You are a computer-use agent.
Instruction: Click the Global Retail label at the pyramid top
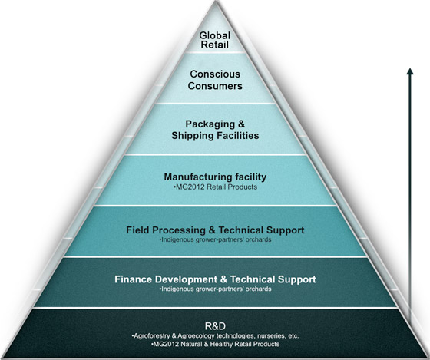(x=215, y=40)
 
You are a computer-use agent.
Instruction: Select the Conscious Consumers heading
(x=215, y=80)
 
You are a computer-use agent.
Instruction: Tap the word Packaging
(x=210, y=124)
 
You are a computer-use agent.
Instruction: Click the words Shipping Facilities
(x=215, y=135)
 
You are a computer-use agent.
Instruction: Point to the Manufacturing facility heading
(x=215, y=177)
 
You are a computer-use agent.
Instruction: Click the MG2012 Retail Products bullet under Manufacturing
(x=215, y=187)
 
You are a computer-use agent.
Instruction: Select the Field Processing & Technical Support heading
(x=215, y=230)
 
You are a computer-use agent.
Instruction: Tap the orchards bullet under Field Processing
(x=215, y=239)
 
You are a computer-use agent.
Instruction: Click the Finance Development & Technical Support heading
(x=215, y=279)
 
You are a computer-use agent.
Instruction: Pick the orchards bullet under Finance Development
(x=215, y=289)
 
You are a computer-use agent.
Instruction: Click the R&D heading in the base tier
(x=215, y=326)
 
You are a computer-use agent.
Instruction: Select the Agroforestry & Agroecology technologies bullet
(x=215, y=336)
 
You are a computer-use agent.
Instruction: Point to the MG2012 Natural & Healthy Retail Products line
(x=215, y=344)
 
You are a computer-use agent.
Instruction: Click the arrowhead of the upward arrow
(x=410, y=71)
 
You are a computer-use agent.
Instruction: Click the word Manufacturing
(x=194, y=177)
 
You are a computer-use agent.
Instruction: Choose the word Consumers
(x=215, y=86)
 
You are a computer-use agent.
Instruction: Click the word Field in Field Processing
(x=137, y=230)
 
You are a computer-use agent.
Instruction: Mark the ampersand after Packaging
(x=241, y=124)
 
